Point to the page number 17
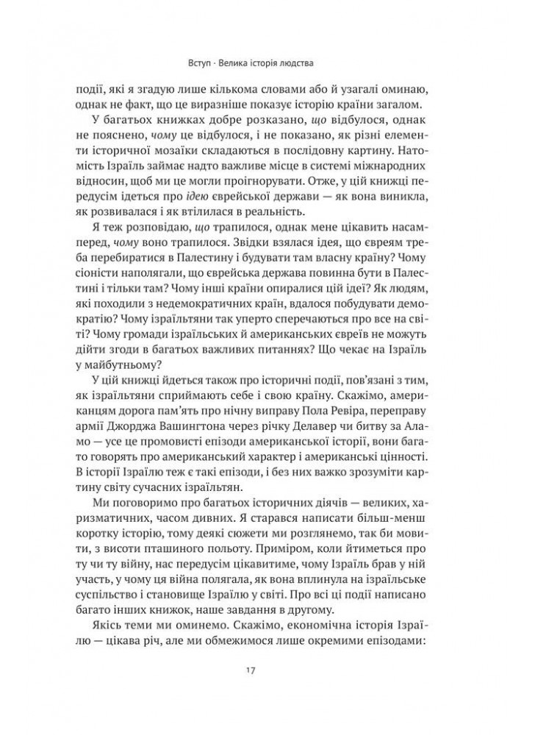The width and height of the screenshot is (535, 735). (267, 670)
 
